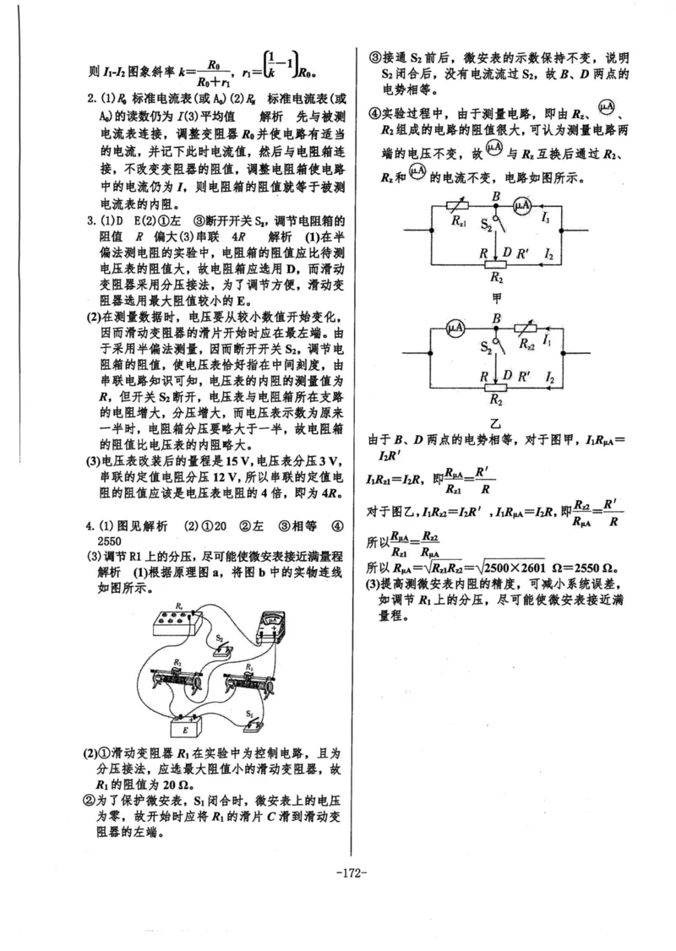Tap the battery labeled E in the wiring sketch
pyautogui.click(x=183, y=728)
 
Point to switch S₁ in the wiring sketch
pyautogui.click(x=250, y=723)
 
